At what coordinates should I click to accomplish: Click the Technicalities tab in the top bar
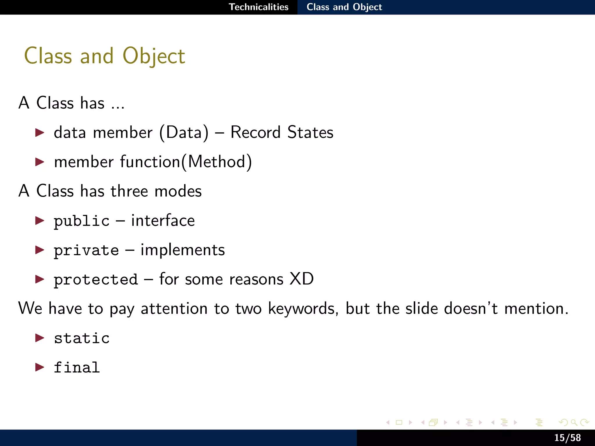coord(258,7)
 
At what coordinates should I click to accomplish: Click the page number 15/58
coord(567,438)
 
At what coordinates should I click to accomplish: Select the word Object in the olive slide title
coord(154,56)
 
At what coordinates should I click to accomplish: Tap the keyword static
coord(82,338)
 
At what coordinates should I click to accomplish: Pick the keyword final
coord(77,368)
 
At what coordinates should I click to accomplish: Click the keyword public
coord(82,221)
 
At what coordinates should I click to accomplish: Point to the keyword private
coord(86,251)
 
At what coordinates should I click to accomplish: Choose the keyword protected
coord(96,280)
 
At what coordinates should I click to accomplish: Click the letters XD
coord(302,279)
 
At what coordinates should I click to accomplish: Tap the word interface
coord(163,221)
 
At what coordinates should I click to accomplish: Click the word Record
coord(255,132)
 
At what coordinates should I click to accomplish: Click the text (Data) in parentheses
coord(184,133)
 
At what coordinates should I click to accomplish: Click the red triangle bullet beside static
coord(40,338)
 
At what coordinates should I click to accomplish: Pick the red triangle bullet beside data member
coord(40,133)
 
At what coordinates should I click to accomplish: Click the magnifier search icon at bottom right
coord(574,422)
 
